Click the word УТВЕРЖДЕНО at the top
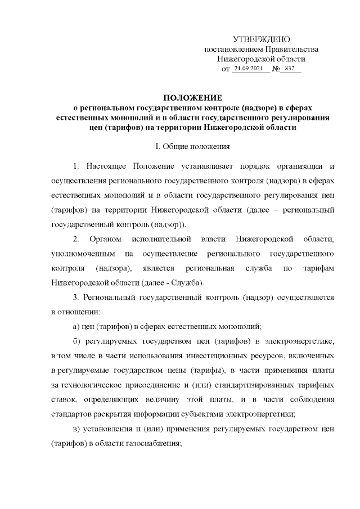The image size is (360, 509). [261, 39]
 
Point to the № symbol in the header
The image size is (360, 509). [276, 69]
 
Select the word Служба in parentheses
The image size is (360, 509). [186, 281]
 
